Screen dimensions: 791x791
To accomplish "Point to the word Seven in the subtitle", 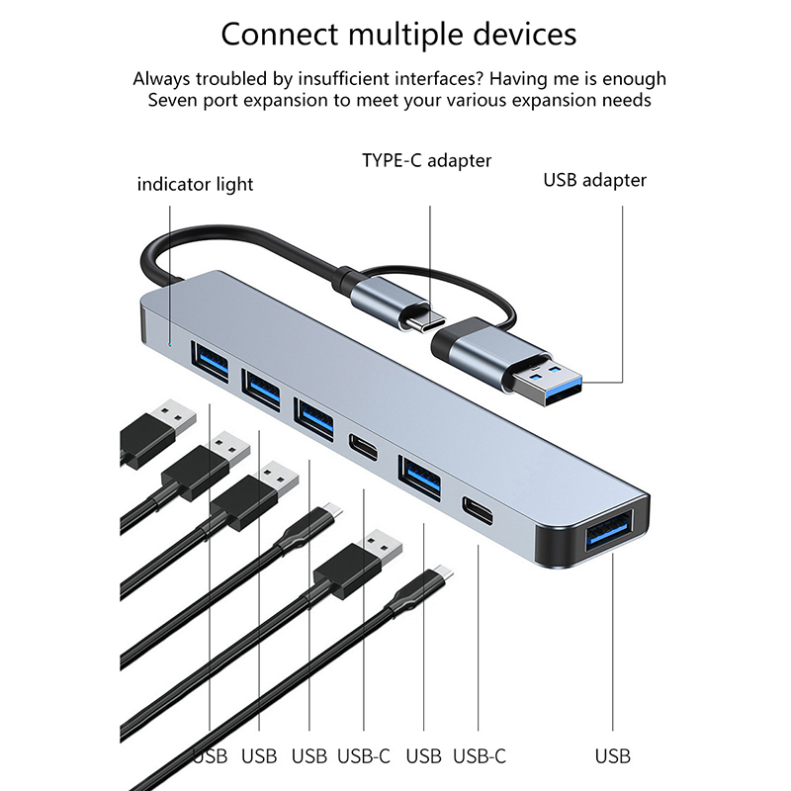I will (x=174, y=100).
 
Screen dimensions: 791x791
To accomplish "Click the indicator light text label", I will (x=195, y=184).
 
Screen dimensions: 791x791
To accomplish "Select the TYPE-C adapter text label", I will (x=426, y=159).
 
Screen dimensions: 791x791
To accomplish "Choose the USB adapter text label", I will (x=594, y=180).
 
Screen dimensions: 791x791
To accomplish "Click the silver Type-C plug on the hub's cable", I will (x=395, y=298).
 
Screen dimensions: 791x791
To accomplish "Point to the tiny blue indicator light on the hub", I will (x=171, y=344).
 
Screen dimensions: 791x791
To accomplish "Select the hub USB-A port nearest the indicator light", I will (x=211, y=364).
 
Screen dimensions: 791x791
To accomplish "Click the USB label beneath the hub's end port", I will (x=612, y=756).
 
